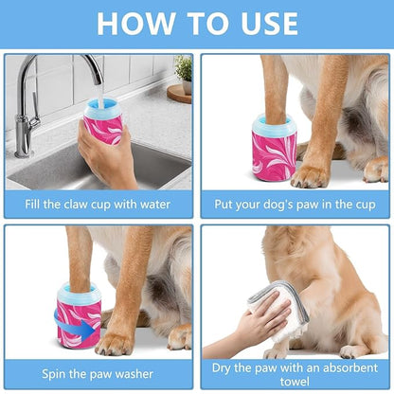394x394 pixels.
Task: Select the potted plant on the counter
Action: coord(182,72)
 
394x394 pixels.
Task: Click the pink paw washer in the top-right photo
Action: coord(275,152)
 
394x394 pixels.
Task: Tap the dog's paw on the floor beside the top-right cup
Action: coord(311,174)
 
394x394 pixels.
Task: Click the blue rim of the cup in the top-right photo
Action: coord(275,121)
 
